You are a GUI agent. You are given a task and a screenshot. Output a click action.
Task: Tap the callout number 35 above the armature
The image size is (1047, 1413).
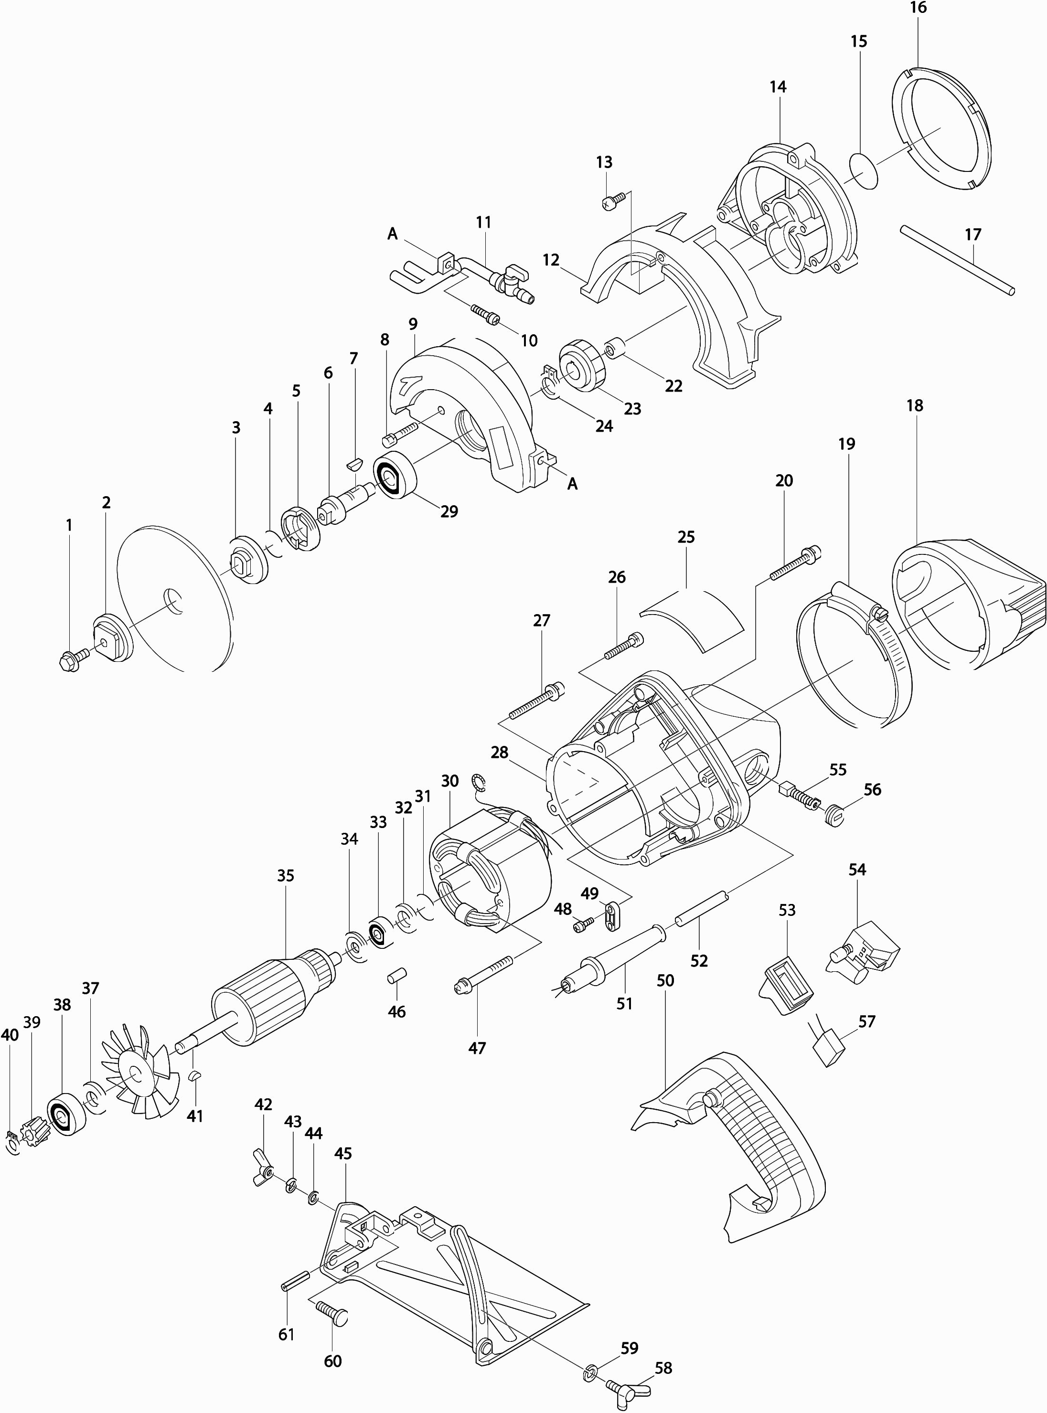coord(286,875)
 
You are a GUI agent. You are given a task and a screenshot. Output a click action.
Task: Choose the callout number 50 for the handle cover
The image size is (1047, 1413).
coord(665,980)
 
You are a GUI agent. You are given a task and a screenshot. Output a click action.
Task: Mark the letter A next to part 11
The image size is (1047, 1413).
coord(392,234)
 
